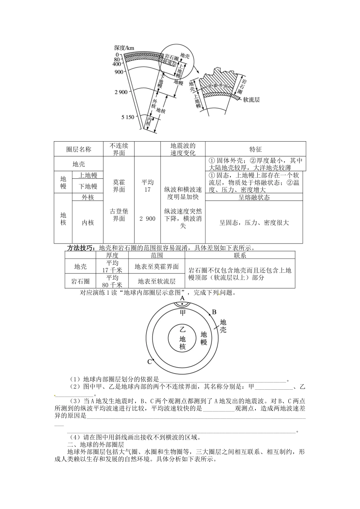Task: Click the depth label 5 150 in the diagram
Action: tap(128, 117)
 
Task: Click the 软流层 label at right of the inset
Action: tap(251, 100)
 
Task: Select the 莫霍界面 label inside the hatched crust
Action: tap(218, 86)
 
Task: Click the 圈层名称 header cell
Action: tap(78, 149)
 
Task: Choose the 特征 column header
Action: tap(255, 149)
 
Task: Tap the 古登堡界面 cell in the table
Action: tap(119, 215)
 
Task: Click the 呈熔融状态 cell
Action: tap(254, 197)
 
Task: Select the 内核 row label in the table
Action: tap(88, 223)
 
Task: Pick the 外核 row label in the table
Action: tap(88, 197)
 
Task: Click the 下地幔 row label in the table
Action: tap(88, 186)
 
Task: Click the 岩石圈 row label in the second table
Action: tap(80, 281)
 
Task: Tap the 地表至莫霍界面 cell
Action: tap(157, 267)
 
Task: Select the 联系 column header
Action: tap(240, 255)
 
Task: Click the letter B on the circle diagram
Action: tap(214, 312)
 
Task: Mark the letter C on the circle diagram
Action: tap(150, 362)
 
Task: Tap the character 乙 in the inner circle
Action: tap(182, 329)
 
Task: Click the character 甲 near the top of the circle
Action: tap(183, 312)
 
